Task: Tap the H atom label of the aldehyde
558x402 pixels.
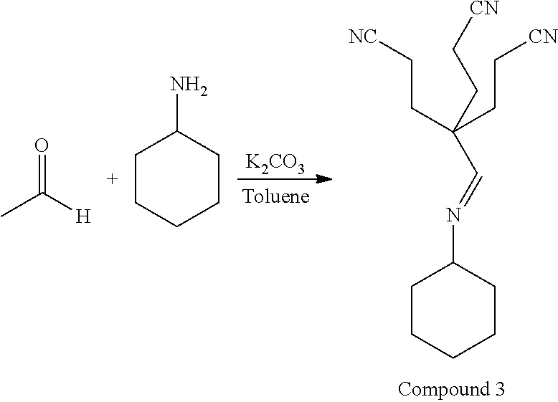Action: [x=83, y=216]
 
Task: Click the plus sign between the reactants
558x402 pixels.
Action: [x=112, y=179]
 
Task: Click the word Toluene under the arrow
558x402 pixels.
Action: [x=275, y=196]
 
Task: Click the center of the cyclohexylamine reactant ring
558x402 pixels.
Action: [x=177, y=179]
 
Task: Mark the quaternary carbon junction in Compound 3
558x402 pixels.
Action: [x=453, y=131]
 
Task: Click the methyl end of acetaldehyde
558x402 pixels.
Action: [x=4, y=214]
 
